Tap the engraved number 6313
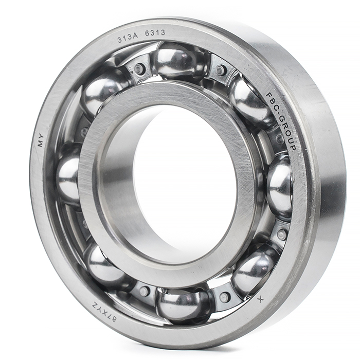155,33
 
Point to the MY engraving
41,142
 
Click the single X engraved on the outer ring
260,299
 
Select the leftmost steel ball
68,174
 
